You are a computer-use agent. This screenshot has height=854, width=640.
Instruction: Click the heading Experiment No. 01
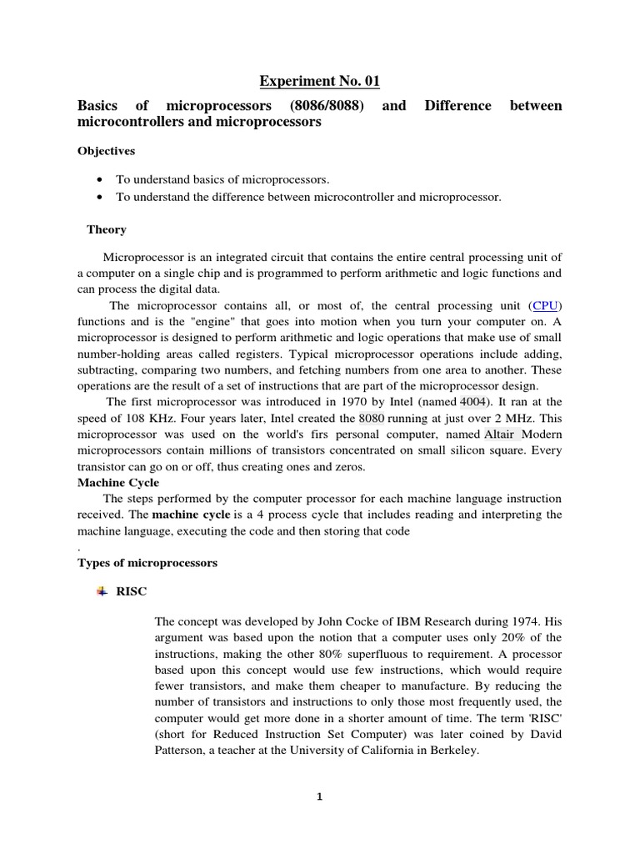click(319, 81)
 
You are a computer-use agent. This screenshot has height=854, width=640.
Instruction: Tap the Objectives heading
click(107, 152)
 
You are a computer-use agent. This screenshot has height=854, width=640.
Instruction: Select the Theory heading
click(107, 229)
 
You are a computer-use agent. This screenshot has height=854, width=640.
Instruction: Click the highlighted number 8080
click(372, 418)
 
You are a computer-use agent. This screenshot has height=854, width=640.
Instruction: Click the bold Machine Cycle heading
click(117, 483)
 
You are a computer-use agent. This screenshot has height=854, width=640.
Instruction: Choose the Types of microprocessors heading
click(147, 563)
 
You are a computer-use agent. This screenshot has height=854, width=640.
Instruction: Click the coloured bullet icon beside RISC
click(102, 591)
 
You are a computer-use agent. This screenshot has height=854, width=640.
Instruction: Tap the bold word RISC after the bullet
click(132, 591)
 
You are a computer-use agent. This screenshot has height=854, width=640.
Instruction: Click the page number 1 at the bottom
click(319, 796)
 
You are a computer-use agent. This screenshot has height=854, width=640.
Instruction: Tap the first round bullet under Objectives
click(101, 179)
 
